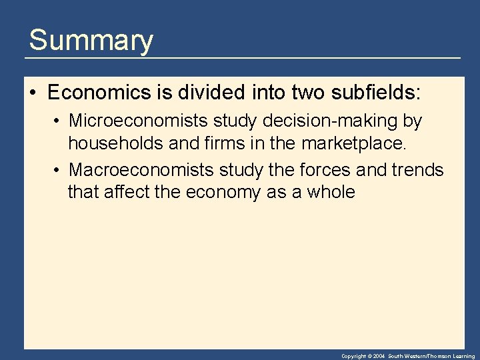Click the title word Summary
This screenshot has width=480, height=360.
91,41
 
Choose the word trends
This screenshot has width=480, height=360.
419,170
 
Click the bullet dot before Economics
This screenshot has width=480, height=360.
32,93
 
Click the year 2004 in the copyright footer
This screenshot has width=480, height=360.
379,357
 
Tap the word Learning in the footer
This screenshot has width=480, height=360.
463,357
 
